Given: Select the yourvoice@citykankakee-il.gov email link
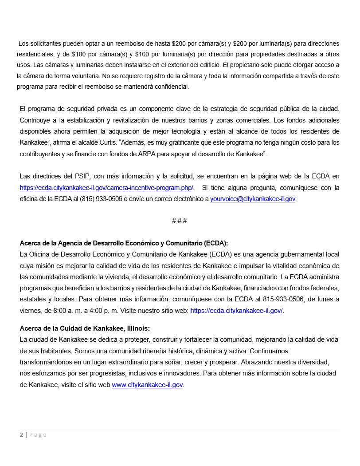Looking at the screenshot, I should (x=253, y=199).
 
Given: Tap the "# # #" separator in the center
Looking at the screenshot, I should (x=179, y=221).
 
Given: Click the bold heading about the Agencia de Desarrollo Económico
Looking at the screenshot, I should (x=124, y=243).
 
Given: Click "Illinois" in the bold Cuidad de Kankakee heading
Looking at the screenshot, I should (x=139, y=328).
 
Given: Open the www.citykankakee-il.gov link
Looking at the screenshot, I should (x=147, y=385).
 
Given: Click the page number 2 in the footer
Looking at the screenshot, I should (x=21, y=435).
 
